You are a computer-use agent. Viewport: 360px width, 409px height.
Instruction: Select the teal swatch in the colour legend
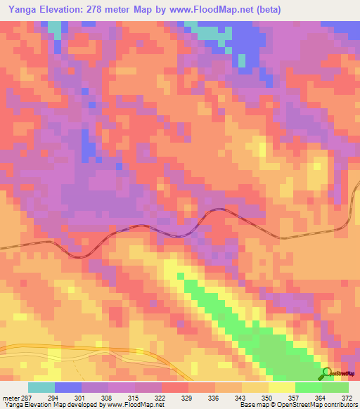pos(41,388)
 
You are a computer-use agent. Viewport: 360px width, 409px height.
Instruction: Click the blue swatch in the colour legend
pos(68,388)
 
